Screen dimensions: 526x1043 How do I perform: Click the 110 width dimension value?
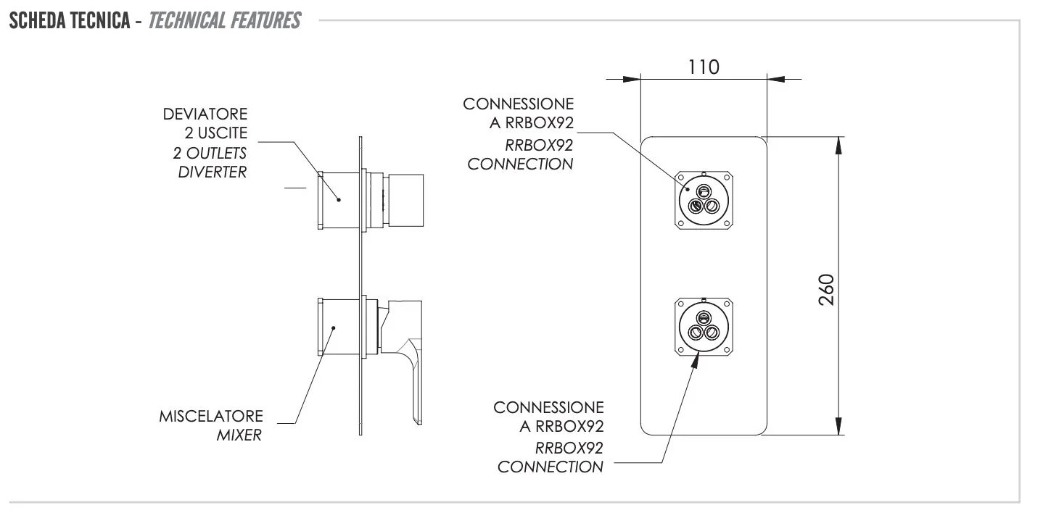[x=703, y=67]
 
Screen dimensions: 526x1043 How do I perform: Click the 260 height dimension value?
[x=828, y=290]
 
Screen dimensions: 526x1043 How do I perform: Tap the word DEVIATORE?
[x=205, y=114]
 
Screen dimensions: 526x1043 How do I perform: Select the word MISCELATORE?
[x=211, y=417]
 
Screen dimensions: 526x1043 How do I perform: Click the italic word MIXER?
[x=239, y=436]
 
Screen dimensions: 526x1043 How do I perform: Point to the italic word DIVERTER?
[x=212, y=172]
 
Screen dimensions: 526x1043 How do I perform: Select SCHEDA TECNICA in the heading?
[x=69, y=20]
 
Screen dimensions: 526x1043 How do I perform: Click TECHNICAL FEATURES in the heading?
[x=224, y=20]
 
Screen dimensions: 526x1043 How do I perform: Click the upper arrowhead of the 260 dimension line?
[x=838, y=145]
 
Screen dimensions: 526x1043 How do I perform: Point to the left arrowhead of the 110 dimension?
[x=632, y=79]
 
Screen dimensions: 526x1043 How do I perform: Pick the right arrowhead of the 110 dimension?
[x=775, y=79]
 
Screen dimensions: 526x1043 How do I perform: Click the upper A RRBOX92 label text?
[x=532, y=123]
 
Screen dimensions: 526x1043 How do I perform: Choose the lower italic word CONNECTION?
[x=550, y=467]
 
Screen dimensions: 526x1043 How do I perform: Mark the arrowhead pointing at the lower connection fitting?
[x=695, y=361]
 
